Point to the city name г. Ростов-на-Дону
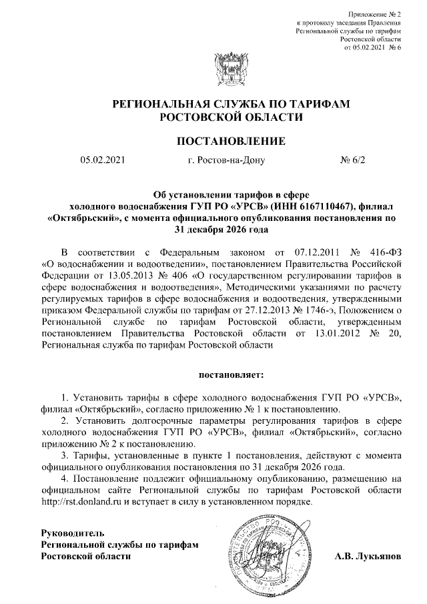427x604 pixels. [227, 161]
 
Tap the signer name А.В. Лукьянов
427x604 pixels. [368, 556]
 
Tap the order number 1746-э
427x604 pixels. [319, 308]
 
